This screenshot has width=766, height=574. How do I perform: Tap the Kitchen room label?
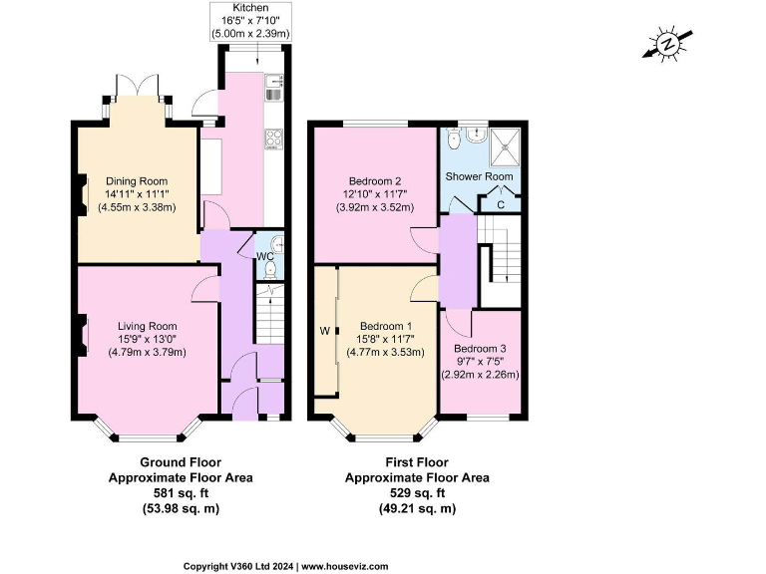point(249,8)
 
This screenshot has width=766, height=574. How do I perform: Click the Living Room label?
point(147,325)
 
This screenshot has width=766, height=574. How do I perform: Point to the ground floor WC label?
point(264,256)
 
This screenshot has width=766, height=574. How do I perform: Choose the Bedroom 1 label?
point(385,326)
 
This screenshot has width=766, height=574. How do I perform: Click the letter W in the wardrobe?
point(324,330)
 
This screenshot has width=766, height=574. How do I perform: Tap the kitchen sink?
point(273,95)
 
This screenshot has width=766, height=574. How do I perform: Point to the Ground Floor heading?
point(181,462)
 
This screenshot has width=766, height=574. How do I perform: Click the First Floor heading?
point(417,462)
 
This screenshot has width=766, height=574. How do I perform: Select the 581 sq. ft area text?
point(181,492)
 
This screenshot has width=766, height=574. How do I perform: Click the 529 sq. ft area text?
point(417,492)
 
